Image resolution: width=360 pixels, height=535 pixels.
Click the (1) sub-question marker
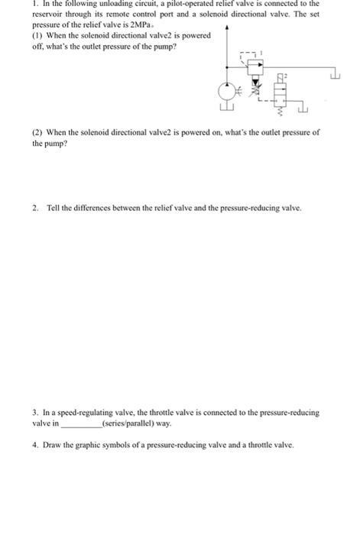click(x=37, y=36)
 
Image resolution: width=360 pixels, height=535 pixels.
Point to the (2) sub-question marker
click(x=37, y=132)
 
